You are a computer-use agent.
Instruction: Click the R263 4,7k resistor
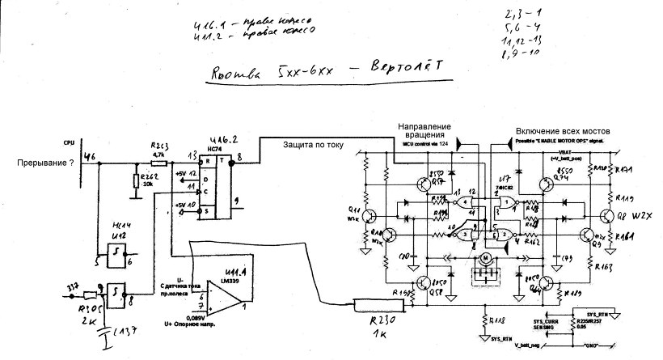158,161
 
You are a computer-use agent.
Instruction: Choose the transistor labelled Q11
369,216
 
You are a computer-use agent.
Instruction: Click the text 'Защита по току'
312,146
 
